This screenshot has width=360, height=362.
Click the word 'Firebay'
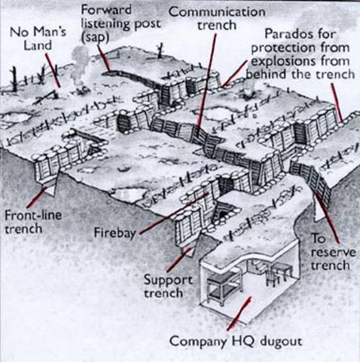pyautogui.click(x=115, y=232)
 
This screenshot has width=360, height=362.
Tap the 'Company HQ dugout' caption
pyautogui.click(x=235, y=341)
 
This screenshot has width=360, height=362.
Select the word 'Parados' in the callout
pyautogui.click(x=285, y=35)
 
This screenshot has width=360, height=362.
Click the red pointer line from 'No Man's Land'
pyautogui.click(x=54, y=72)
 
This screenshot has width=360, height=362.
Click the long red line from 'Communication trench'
pyautogui.click(x=202, y=83)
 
